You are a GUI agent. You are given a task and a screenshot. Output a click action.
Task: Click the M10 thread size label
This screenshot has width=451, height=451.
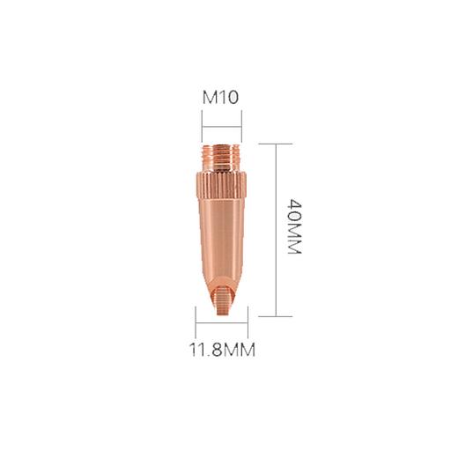(221, 97)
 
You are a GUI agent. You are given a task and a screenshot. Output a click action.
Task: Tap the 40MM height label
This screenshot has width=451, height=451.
(294, 227)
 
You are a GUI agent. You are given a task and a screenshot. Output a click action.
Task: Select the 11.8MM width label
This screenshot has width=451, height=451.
(221, 351)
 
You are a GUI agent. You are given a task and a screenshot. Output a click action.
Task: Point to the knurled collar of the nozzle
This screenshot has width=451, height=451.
(222, 186)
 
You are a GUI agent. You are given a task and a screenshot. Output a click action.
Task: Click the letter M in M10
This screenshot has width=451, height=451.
(210, 97)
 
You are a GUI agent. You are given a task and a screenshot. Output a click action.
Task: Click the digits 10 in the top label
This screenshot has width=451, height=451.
(228, 97)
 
